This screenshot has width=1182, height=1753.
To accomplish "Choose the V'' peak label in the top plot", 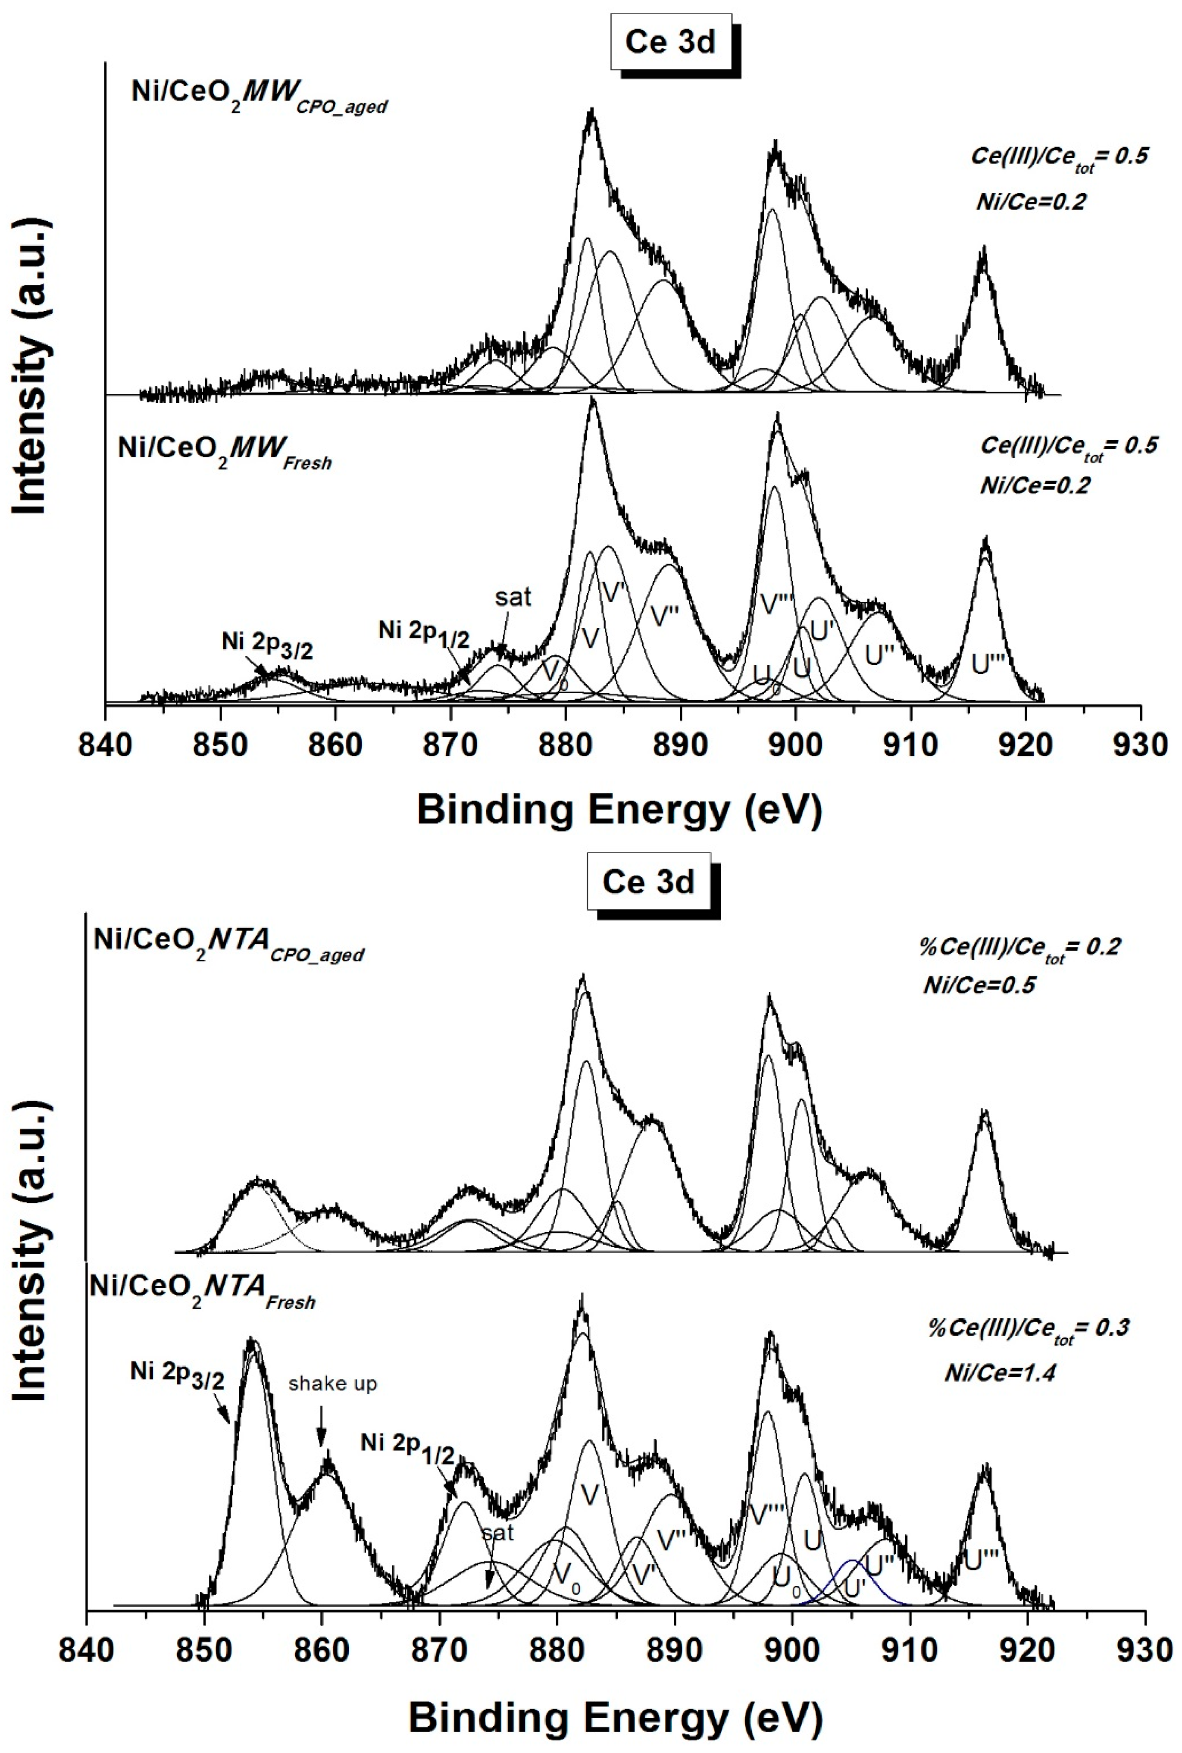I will click(665, 617).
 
